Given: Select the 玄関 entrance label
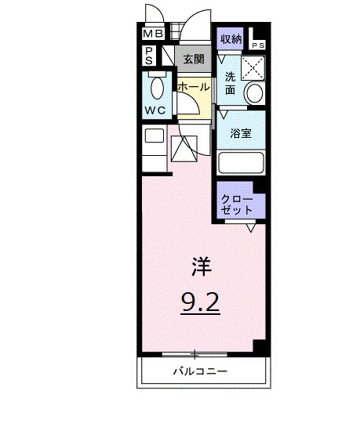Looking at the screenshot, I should (193, 59).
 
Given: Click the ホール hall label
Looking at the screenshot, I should (193, 87).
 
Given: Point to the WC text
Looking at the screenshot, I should (154, 110).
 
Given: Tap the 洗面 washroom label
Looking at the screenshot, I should (231, 83).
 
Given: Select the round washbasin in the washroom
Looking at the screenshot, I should (255, 92).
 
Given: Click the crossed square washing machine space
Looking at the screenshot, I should (253, 67).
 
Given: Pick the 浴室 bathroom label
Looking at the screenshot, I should (240, 133).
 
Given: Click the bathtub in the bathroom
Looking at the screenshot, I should (241, 163).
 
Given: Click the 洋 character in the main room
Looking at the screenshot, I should (202, 266).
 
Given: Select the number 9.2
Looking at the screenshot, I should (202, 302).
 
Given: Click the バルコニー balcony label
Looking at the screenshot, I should (201, 371).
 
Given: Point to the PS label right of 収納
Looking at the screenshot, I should (259, 45).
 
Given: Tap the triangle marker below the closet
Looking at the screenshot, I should (251, 229).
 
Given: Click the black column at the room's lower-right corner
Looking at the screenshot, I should (261, 348).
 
